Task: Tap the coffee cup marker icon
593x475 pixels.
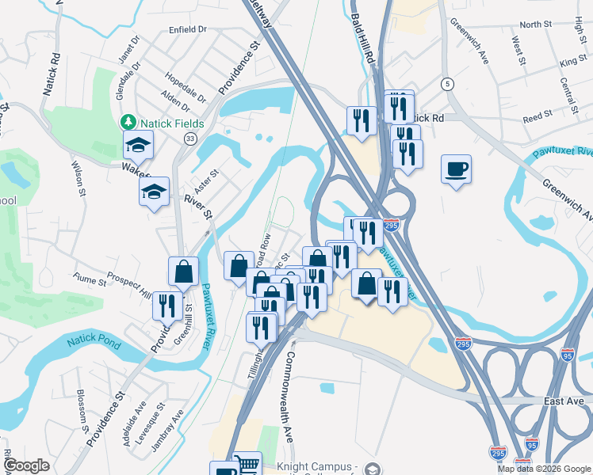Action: coord(456,169)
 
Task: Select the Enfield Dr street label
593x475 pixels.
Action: coord(187,28)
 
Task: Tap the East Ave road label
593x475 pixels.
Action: coord(564,402)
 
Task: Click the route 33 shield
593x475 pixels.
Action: coord(189,139)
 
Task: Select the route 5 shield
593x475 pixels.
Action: coord(448,84)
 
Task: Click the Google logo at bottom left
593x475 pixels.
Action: coord(27,465)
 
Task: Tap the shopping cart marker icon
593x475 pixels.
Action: coord(248,464)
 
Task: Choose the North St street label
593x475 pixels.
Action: coord(536,25)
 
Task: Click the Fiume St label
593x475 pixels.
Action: coord(90,280)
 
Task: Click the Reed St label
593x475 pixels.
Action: coord(538,116)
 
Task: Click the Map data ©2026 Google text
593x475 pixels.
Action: coord(545,469)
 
